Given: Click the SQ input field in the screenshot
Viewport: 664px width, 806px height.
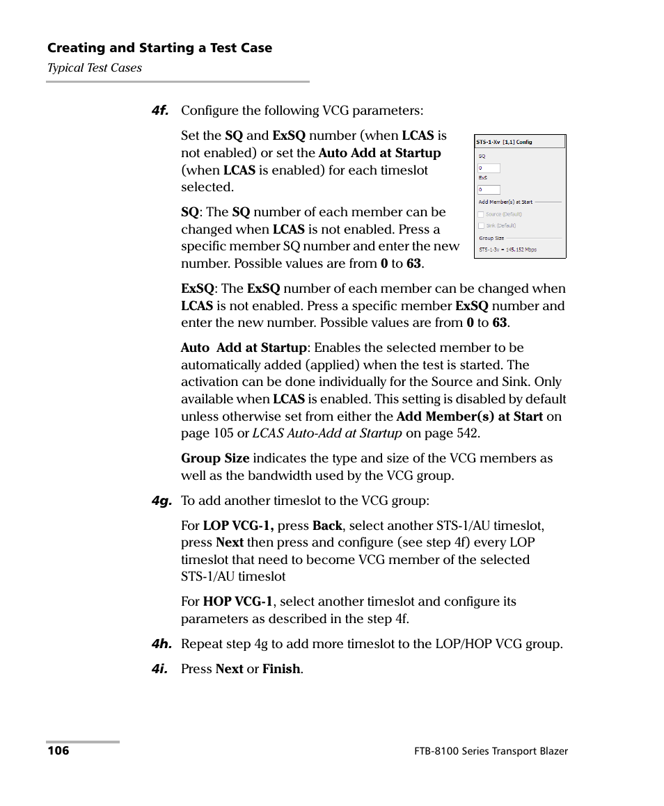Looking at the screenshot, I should click(489, 168).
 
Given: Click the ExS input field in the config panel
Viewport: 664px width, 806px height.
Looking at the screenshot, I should click(489, 190).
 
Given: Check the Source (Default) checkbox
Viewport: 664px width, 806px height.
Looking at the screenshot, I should click(481, 215).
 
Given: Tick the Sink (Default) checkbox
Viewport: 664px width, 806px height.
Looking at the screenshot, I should click(481, 225).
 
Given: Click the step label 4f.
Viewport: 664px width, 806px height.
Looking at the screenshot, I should click(161, 111).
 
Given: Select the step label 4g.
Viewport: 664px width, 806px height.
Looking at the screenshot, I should click(161, 501).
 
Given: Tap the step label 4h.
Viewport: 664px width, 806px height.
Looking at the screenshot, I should click(161, 644).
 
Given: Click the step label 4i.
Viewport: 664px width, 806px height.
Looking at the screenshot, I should click(161, 669).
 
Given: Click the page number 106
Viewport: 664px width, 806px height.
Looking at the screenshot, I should click(58, 751).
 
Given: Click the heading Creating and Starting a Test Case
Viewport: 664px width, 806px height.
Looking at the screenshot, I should click(159, 48).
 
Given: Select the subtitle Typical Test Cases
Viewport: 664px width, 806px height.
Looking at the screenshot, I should click(94, 68).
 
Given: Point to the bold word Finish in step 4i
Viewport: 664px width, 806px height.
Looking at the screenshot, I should click(281, 669).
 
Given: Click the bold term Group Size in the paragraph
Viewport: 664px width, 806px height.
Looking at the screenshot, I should click(215, 458).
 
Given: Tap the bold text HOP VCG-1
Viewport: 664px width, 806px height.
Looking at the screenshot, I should click(238, 602).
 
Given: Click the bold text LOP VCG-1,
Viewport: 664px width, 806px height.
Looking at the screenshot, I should click(238, 526).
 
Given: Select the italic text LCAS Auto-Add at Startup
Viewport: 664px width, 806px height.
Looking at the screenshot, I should click(327, 433).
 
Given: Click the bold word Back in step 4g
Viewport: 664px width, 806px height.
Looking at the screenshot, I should click(327, 526).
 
